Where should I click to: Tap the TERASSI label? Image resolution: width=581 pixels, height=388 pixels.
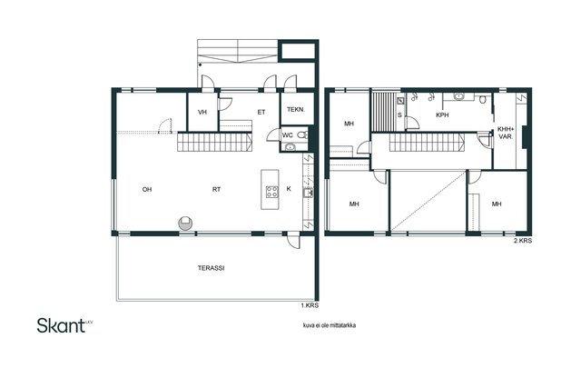[x=212, y=268]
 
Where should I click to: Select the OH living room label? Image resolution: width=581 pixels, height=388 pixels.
[x=147, y=189]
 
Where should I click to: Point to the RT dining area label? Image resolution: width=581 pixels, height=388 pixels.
[x=216, y=189]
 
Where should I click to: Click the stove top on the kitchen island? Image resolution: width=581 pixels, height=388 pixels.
[x=271, y=192]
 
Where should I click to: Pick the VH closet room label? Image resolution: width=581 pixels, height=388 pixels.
[x=202, y=112]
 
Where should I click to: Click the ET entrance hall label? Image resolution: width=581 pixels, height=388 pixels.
[x=261, y=112]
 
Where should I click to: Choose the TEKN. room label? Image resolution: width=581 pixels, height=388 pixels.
[x=296, y=109]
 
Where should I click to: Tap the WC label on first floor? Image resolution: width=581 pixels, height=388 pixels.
[x=288, y=135]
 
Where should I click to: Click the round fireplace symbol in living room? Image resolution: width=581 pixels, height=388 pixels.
[x=185, y=223]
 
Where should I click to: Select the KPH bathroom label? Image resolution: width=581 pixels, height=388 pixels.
[x=442, y=115]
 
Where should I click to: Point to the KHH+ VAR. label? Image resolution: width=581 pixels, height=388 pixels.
[x=506, y=133]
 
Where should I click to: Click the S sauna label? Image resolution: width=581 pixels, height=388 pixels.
[x=399, y=115]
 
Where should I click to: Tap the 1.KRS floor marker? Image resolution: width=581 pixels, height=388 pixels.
[x=310, y=305]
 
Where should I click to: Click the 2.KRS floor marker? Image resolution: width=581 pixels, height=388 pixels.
[x=523, y=241]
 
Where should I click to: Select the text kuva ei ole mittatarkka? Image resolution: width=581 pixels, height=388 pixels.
[x=330, y=325]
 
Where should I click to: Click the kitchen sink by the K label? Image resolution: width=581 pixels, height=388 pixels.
[x=308, y=193]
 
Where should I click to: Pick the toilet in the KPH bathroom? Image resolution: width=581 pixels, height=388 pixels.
[x=482, y=99]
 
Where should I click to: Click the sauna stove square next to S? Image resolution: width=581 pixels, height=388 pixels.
[x=401, y=101]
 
